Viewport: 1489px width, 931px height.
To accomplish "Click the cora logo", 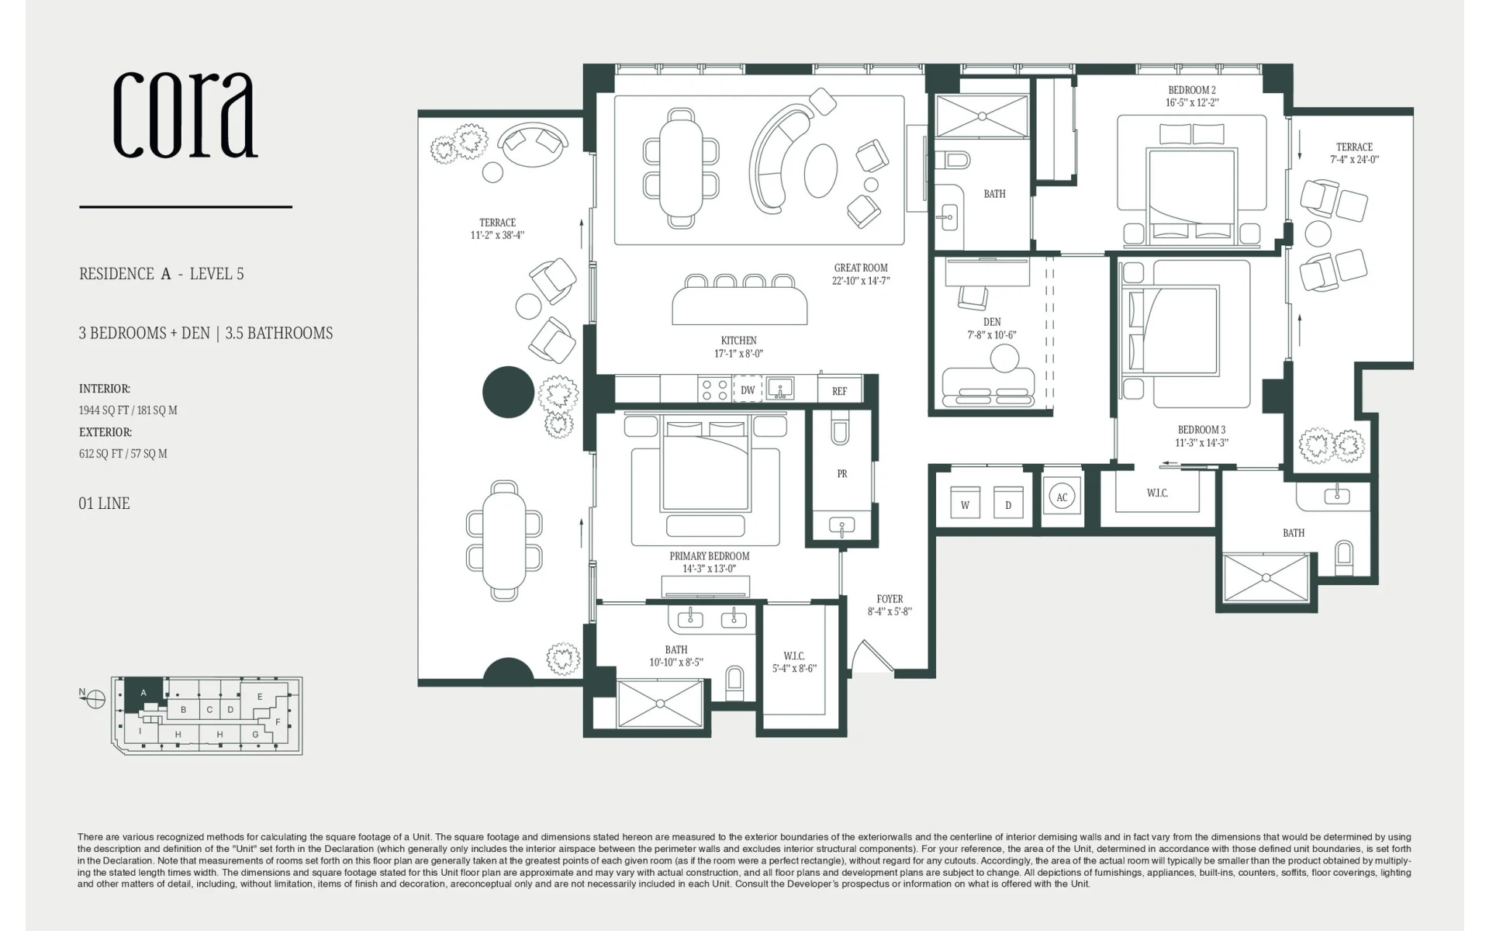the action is tap(185, 115).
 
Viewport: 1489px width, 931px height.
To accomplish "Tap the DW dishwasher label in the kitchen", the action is tap(748, 389).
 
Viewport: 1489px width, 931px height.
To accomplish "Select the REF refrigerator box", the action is tap(840, 390).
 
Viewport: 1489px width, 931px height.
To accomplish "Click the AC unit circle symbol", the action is tap(1062, 497).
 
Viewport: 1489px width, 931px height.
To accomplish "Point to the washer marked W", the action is tap(966, 504).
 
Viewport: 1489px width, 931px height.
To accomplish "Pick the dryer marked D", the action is tap(1008, 504).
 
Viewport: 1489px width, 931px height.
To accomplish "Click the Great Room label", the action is tap(861, 268).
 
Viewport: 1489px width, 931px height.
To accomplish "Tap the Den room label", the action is tap(992, 322).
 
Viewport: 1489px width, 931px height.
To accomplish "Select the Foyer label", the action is tap(890, 599).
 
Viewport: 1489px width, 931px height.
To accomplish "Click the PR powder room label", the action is tap(842, 473).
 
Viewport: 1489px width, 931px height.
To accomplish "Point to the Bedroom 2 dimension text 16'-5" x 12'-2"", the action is tap(1192, 102).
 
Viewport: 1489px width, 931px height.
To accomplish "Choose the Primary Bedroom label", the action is tap(710, 556).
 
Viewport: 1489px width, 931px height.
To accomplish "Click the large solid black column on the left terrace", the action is tap(509, 392).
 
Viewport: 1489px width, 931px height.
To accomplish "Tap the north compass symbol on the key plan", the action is tap(95, 699).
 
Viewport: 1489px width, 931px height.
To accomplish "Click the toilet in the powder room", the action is tap(840, 429).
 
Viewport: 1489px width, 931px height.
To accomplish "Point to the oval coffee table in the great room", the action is tap(821, 171).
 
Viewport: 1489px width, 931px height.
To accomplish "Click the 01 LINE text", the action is tap(104, 504).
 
